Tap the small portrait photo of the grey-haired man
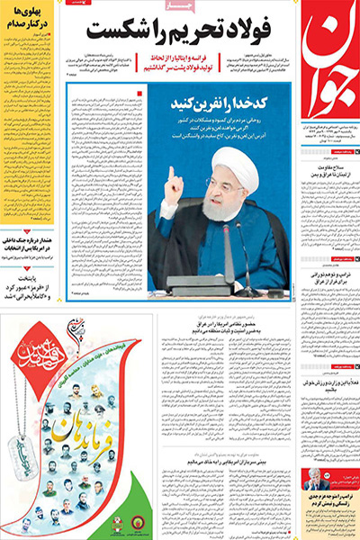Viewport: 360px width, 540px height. click(317, 478)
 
